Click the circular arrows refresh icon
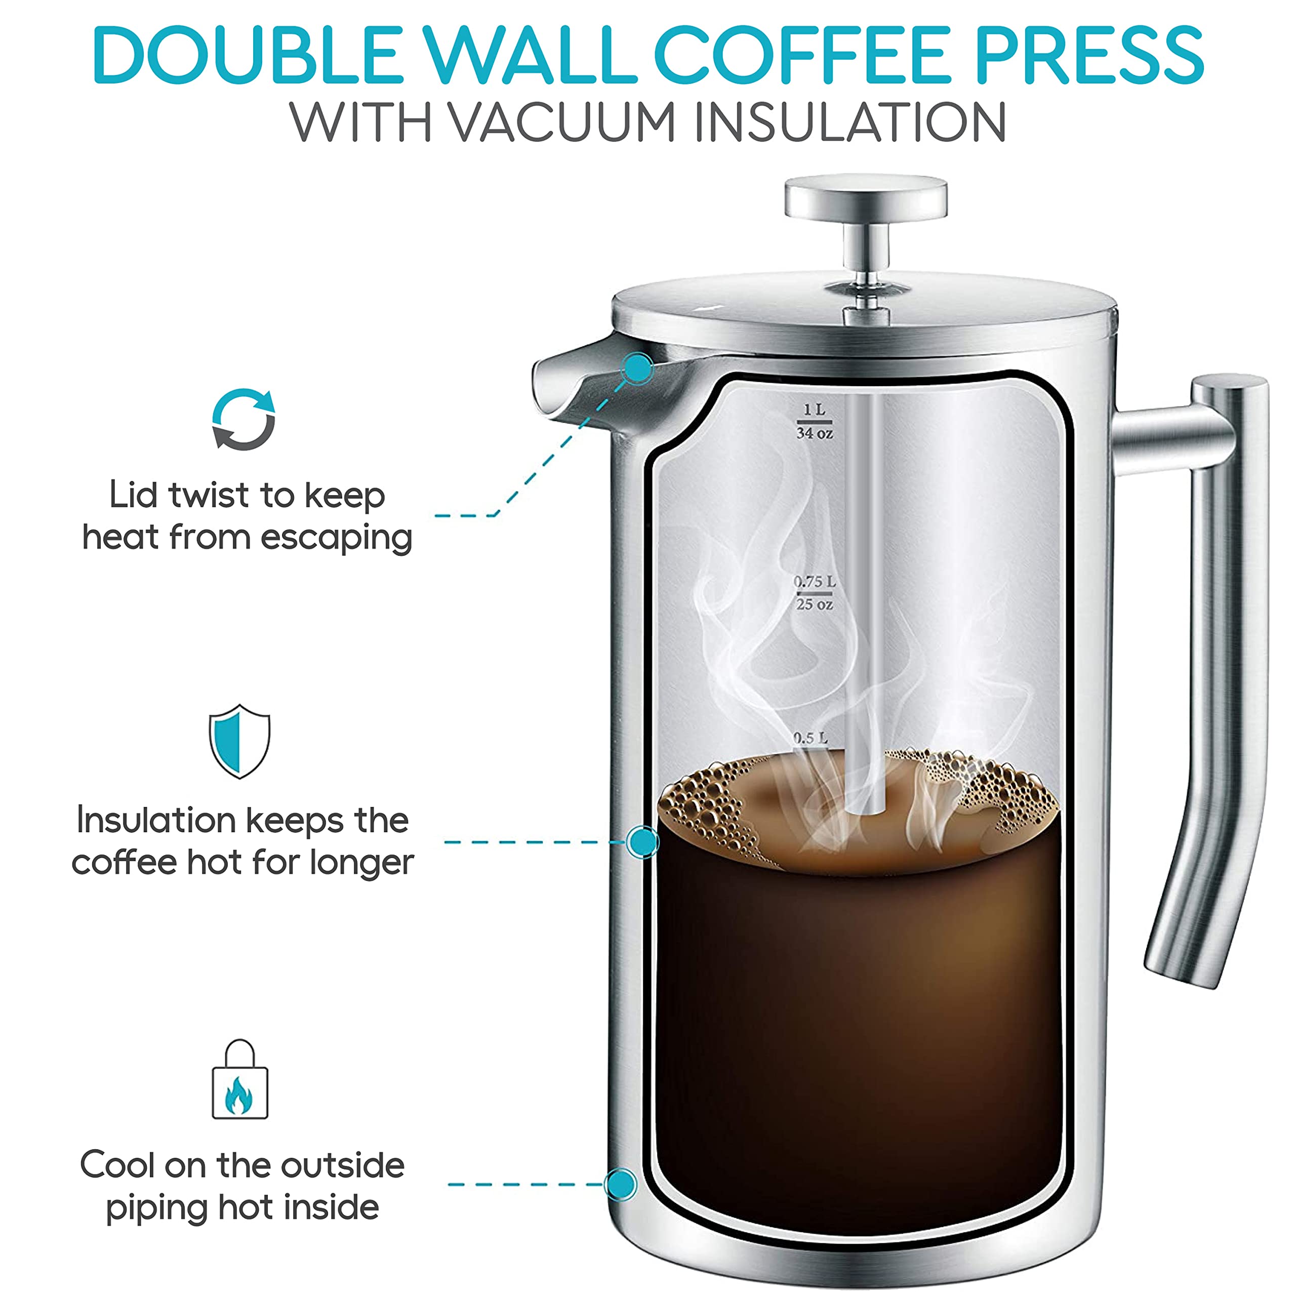244,419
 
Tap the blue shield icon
239,741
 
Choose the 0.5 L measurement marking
811,738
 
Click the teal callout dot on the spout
638,368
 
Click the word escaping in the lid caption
336,538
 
